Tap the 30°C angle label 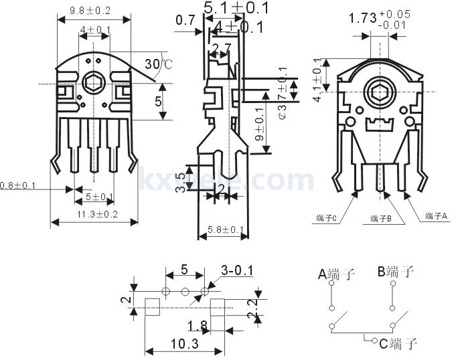pos(158,65)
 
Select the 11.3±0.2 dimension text pos(96,214)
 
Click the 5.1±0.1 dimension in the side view pos(236,9)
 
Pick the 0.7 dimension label pos(185,21)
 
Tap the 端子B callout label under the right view pos(384,218)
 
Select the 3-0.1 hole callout pos(238,270)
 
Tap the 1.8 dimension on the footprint pos(197,326)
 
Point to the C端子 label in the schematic pos(398,344)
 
